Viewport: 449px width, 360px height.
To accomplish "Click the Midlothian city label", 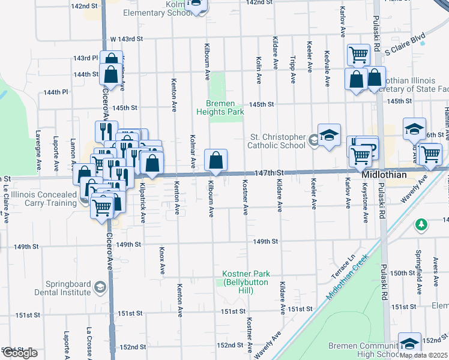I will [384, 174].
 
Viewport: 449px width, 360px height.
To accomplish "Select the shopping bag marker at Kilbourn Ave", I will [215, 160].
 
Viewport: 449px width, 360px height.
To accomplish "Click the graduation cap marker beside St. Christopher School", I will [329, 135].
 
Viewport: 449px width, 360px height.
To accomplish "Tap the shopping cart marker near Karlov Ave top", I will [358, 54].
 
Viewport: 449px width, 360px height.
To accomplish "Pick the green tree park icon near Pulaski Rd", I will [421, 224].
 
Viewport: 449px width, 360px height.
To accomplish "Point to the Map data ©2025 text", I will [424, 355].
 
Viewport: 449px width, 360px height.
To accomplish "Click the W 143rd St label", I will [126, 39].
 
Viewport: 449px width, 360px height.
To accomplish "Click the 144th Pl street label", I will [56, 92].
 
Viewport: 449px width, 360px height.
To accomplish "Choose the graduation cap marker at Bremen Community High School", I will [409, 344].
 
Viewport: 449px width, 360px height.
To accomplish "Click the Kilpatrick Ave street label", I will [143, 208].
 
